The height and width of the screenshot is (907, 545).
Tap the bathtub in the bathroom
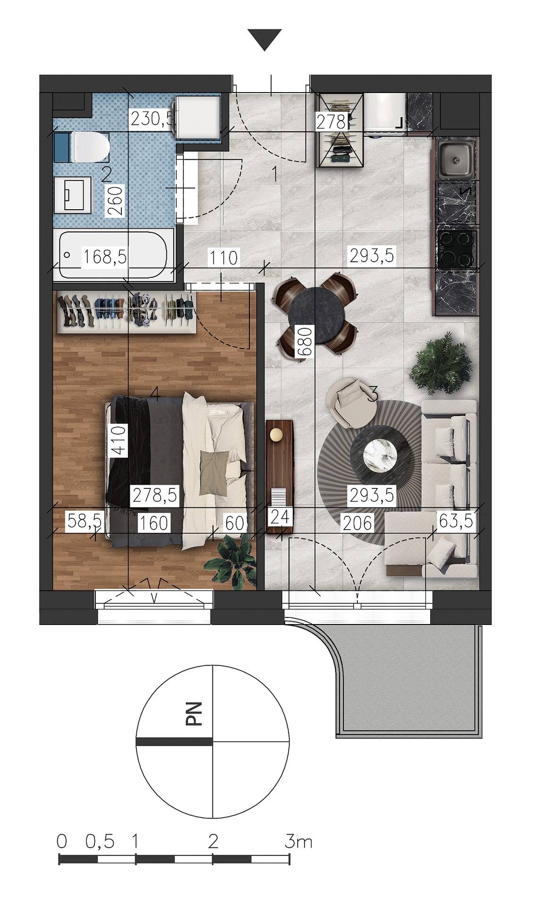[113, 256]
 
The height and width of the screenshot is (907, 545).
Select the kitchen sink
[455, 159]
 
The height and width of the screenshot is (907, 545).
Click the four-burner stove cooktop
[456, 249]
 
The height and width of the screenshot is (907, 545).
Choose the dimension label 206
[356, 522]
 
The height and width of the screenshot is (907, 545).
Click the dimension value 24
[281, 516]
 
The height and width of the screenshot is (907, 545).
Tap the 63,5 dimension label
[456, 522]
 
